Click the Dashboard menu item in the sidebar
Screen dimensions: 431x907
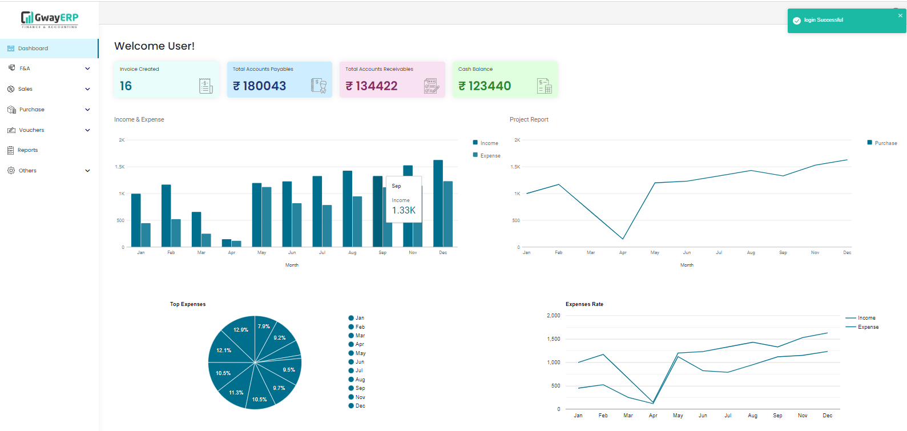coord(33,49)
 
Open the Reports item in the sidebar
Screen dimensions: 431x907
coord(27,150)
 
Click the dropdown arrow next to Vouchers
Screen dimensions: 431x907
coord(87,130)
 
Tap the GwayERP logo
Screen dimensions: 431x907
coord(50,19)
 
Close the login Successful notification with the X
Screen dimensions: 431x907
coord(900,15)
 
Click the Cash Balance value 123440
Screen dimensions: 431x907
coord(489,86)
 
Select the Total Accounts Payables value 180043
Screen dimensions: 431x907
coord(264,86)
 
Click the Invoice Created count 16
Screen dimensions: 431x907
coord(126,86)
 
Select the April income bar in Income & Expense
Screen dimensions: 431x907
coord(227,243)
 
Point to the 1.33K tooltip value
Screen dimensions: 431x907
coord(404,211)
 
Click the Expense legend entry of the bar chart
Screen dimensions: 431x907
coord(490,155)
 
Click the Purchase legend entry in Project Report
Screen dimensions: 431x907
coord(885,143)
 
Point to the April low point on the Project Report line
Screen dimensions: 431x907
coord(623,239)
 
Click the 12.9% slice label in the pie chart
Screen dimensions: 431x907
coord(241,330)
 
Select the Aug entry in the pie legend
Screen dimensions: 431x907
coord(360,380)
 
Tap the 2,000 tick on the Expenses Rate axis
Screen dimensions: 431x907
coord(553,316)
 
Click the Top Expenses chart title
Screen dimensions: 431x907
coord(188,304)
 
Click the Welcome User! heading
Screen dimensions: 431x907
coord(154,46)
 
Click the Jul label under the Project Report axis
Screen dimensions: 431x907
coord(719,252)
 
